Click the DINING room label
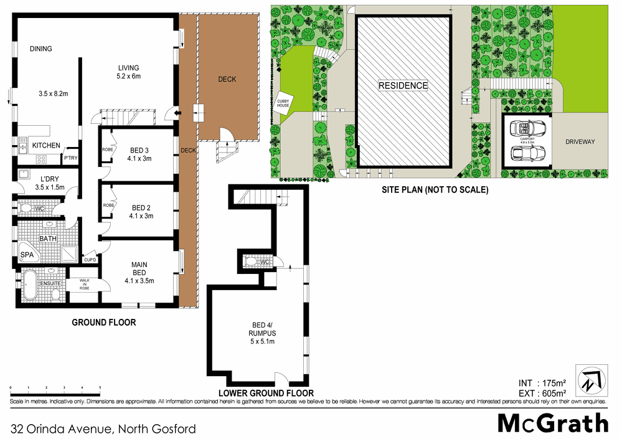40,49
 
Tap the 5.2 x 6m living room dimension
129,77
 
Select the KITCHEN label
46,146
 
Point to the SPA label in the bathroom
27,255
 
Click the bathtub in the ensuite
31,286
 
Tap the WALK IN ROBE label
84,285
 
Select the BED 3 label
139,149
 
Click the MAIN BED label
139,268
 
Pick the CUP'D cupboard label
90,260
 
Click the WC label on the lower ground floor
263,262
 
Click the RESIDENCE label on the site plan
403,85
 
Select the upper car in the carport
527,129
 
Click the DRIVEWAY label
580,142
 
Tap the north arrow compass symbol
588,379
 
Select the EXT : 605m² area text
542,394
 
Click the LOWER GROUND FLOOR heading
265,394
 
